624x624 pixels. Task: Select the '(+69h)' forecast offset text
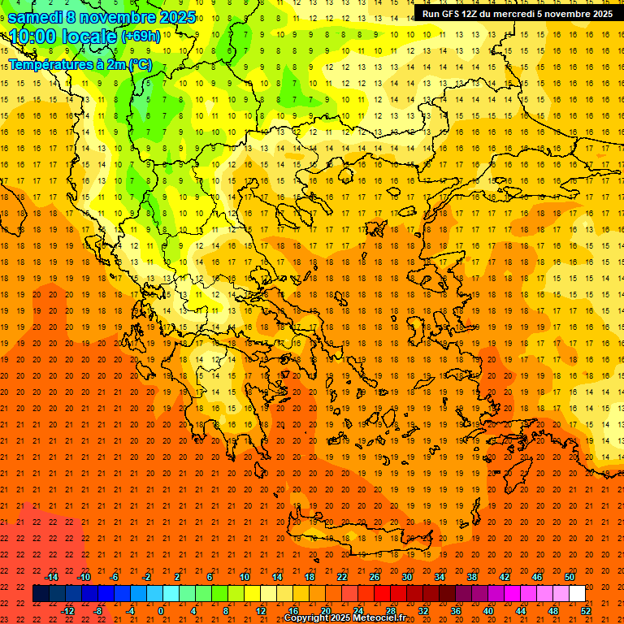tap(141, 37)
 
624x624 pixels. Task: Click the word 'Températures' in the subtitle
tap(45, 64)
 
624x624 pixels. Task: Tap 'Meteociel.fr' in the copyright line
tap(379, 618)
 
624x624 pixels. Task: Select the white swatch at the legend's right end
tap(577, 594)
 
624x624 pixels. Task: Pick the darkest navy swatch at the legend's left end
tap(41, 594)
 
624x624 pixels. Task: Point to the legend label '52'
tap(587, 611)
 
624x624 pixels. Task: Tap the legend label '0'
tap(160, 611)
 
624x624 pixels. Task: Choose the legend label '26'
tap(375, 577)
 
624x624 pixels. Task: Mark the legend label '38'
tap(472, 577)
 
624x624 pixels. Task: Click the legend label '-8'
tap(98, 611)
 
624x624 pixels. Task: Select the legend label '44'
tap(521, 611)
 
